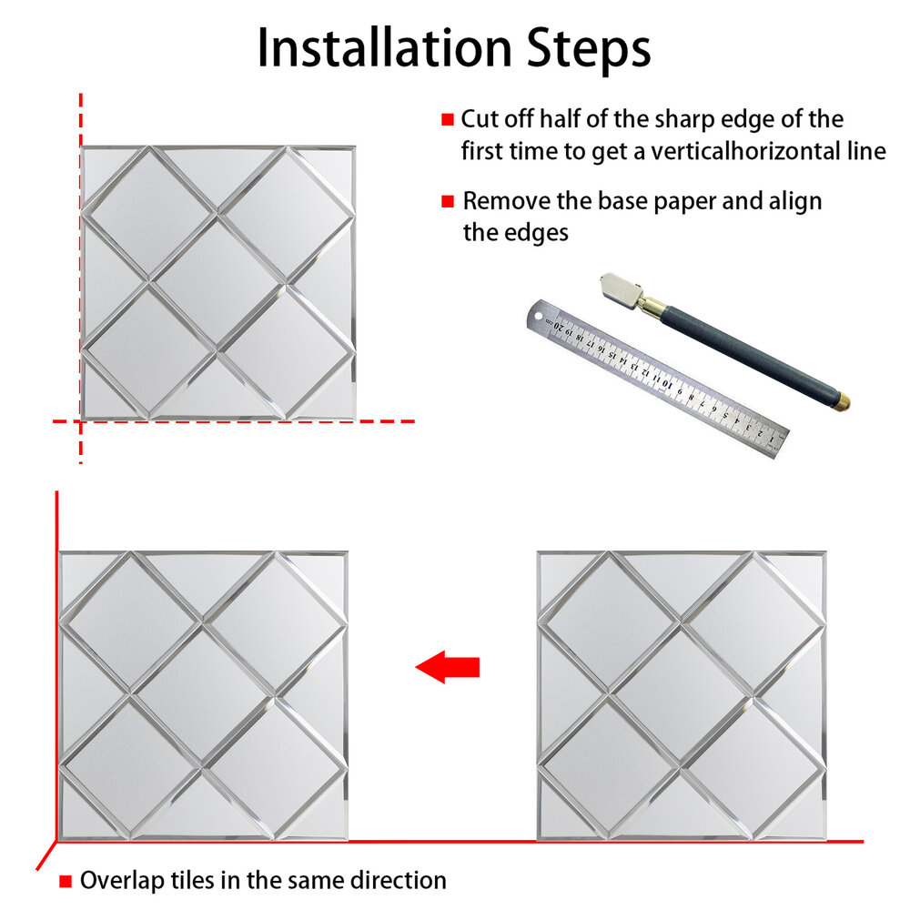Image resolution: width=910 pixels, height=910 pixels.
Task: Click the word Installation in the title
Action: [x=385, y=48]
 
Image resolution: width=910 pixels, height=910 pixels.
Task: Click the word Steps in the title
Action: [x=589, y=49]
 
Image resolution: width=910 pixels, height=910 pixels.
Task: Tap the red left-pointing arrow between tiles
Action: [x=448, y=667]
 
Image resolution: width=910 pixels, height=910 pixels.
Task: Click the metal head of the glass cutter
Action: [x=621, y=291]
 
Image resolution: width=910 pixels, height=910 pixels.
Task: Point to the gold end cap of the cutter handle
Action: [x=842, y=400]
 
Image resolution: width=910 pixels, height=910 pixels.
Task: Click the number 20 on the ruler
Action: [x=560, y=326]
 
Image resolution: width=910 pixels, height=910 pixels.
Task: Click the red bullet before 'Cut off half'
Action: [x=448, y=119]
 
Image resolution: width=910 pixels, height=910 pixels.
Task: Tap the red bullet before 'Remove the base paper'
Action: [x=448, y=201]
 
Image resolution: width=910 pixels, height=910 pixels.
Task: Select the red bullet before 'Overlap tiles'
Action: [x=66, y=881]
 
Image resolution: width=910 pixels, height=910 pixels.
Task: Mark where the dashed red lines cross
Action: [x=81, y=421]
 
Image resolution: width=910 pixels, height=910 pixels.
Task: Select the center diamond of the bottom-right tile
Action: [x=682, y=695]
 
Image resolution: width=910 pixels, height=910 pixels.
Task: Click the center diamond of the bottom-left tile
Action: [x=203, y=695]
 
